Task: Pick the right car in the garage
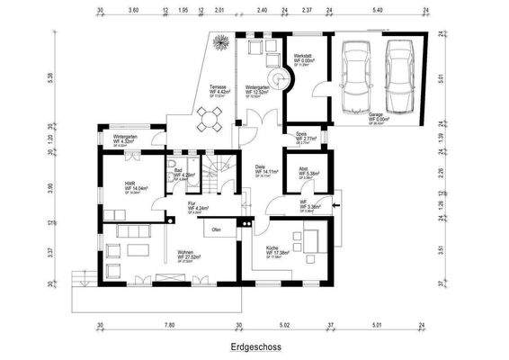pyautogui.click(x=398, y=74)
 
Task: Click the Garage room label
pyautogui.click(x=376, y=117)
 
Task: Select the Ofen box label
pyautogui.click(x=217, y=230)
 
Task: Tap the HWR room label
pyautogui.click(x=117, y=186)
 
